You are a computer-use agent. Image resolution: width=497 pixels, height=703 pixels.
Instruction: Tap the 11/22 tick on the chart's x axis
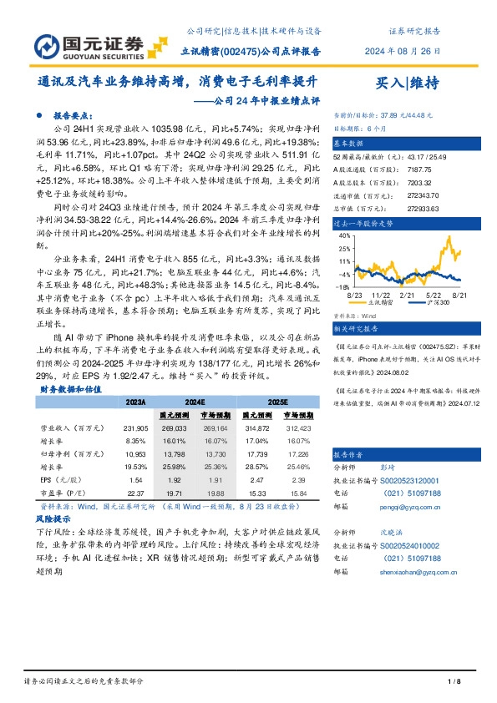pyautogui.click(x=383, y=296)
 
